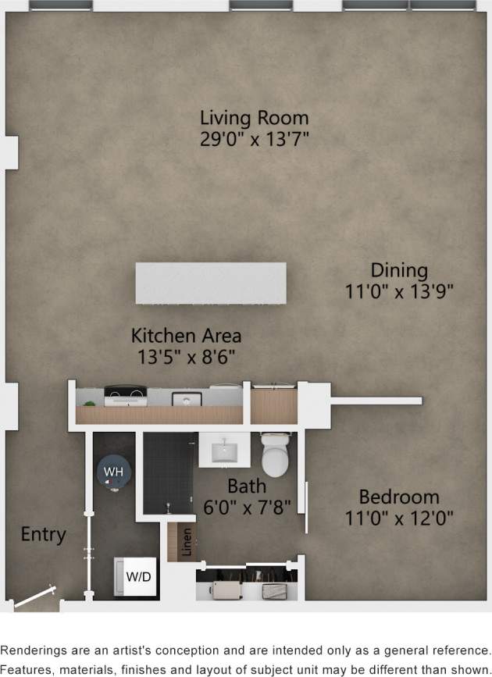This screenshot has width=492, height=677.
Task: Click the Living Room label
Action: (254, 119)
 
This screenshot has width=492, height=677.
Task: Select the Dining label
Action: (399, 270)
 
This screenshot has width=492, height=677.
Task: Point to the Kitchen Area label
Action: (186, 336)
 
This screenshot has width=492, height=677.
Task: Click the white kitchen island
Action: (210, 283)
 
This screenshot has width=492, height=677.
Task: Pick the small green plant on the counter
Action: (90, 402)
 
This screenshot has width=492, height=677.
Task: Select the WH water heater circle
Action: (114, 472)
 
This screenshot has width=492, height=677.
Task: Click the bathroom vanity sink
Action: (224, 450)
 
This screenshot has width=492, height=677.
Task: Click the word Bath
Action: (247, 488)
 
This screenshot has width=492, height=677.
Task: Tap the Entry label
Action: (43, 535)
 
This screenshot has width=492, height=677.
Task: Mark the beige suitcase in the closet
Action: (225, 590)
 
